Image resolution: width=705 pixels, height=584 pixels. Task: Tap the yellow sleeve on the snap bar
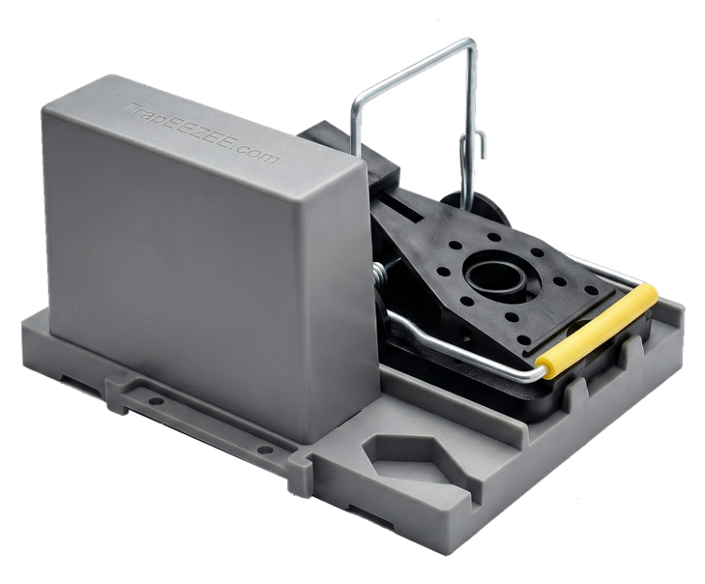(597, 331)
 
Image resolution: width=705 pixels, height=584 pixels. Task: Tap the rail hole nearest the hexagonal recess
(266, 449)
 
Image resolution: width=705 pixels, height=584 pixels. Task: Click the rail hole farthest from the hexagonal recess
(155, 400)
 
